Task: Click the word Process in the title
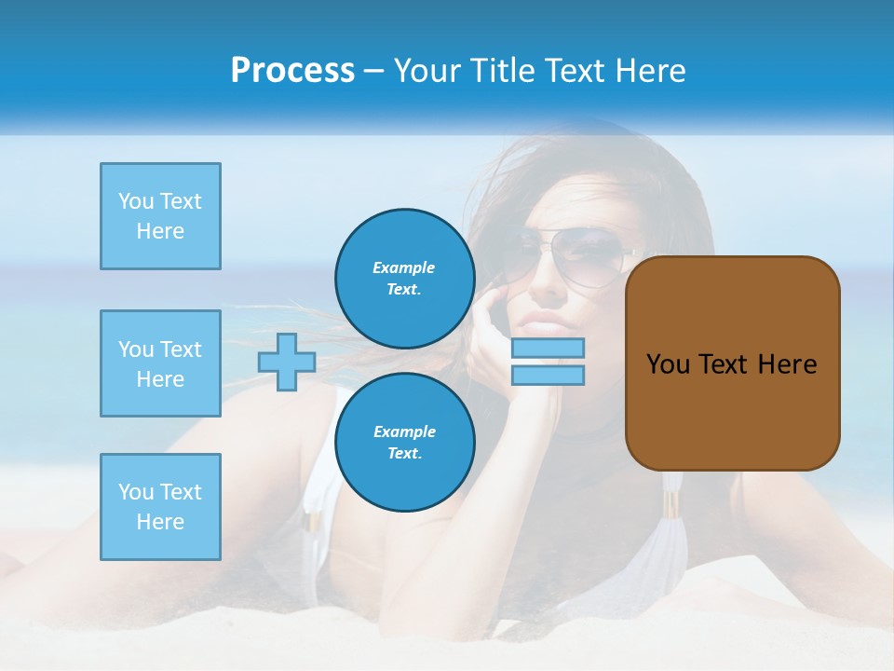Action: coord(292,71)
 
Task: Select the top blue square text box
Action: coord(160,216)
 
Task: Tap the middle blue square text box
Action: coord(160,363)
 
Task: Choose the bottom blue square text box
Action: coord(160,507)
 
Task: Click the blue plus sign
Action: coord(287,362)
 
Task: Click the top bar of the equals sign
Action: coord(548,349)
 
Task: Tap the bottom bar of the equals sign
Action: coord(548,376)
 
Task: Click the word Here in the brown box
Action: coord(787,364)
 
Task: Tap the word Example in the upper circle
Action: coord(403,267)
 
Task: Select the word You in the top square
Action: coord(134,201)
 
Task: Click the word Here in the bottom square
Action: coord(160,522)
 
